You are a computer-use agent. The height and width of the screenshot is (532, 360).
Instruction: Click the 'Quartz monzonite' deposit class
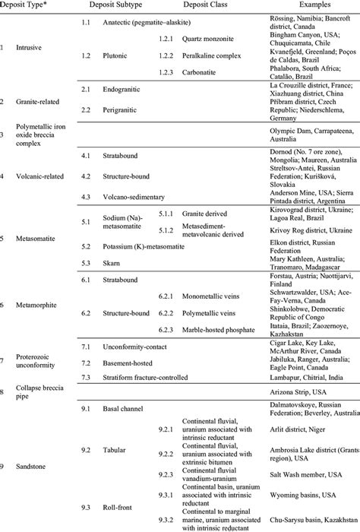point(206,36)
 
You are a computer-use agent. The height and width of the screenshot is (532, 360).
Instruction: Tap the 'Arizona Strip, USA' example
point(290,391)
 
